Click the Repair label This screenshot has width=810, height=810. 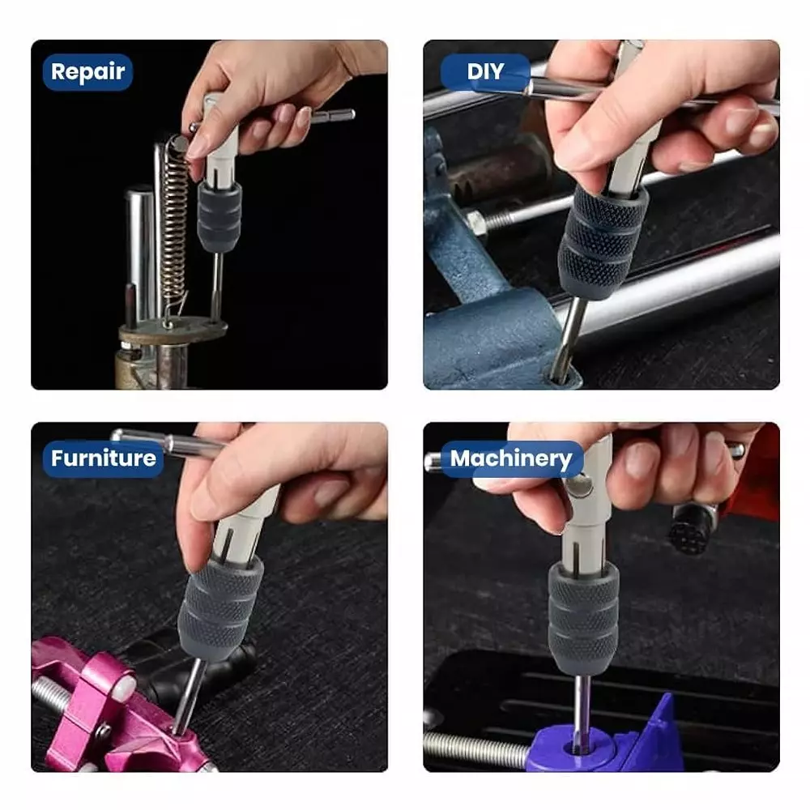tap(87, 72)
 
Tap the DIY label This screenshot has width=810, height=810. tap(485, 72)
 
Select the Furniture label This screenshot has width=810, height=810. tap(103, 458)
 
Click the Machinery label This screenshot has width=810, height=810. tap(511, 458)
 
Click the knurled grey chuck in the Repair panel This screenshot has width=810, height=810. tap(219, 217)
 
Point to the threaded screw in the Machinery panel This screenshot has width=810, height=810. tap(478, 749)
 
